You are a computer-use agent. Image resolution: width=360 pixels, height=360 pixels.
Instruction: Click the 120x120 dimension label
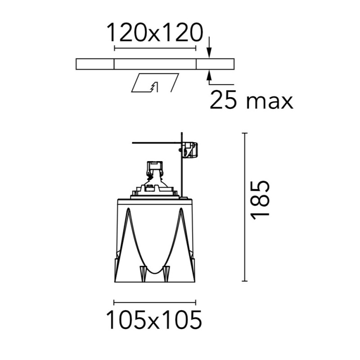point(155,32)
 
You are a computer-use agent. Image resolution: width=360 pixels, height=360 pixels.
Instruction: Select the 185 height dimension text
point(260,200)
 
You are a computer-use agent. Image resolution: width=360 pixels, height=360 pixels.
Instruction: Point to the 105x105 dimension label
point(154,319)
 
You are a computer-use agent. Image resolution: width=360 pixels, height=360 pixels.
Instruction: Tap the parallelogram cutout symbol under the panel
point(155,83)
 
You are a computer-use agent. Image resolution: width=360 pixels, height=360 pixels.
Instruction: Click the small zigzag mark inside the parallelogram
point(154,87)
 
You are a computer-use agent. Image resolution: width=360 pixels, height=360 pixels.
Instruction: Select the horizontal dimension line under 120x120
point(155,48)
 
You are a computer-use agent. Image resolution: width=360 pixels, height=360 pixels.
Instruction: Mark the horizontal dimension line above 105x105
point(155,302)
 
